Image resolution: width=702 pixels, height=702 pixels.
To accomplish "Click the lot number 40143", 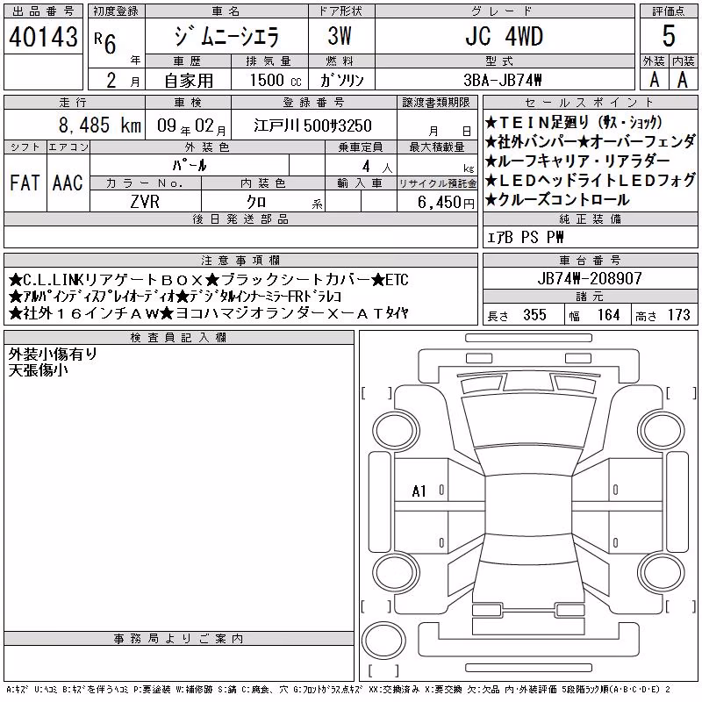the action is [43, 36].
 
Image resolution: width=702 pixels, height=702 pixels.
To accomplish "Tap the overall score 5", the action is [669, 36].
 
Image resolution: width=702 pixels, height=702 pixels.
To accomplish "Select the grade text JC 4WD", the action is [504, 36].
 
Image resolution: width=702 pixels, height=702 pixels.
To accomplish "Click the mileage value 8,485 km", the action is [100, 125].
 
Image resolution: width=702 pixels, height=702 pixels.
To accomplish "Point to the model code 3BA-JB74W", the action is [502, 80].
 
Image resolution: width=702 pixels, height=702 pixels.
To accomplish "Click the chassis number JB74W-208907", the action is [590, 278].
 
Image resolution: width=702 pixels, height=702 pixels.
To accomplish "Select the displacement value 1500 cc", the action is [276, 80].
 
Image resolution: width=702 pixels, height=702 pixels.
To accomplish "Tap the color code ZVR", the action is [145, 202].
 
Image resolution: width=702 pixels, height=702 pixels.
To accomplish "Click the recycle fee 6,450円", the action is [446, 202].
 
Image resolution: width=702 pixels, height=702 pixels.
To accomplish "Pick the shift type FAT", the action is [25, 183].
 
